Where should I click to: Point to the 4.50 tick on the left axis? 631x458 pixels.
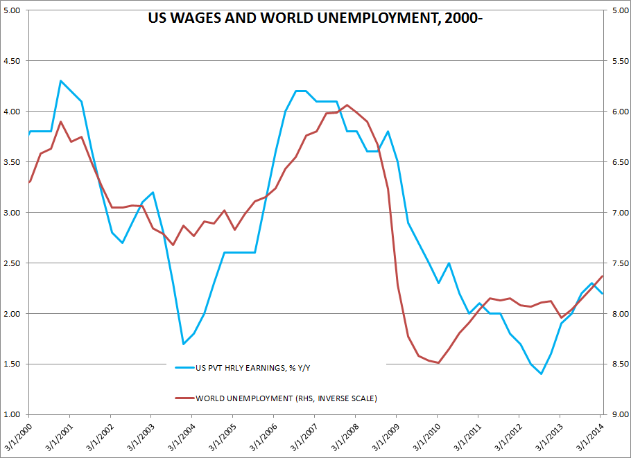click(x=13, y=61)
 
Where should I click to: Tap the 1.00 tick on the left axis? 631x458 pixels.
click(x=13, y=414)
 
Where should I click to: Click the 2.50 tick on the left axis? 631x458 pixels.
click(x=13, y=263)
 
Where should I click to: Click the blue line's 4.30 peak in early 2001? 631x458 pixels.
click(x=61, y=81)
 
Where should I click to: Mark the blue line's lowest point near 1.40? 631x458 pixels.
click(x=541, y=374)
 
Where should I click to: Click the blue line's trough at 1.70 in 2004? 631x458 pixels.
click(x=183, y=344)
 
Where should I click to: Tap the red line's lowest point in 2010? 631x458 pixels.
click(x=438, y=362)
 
